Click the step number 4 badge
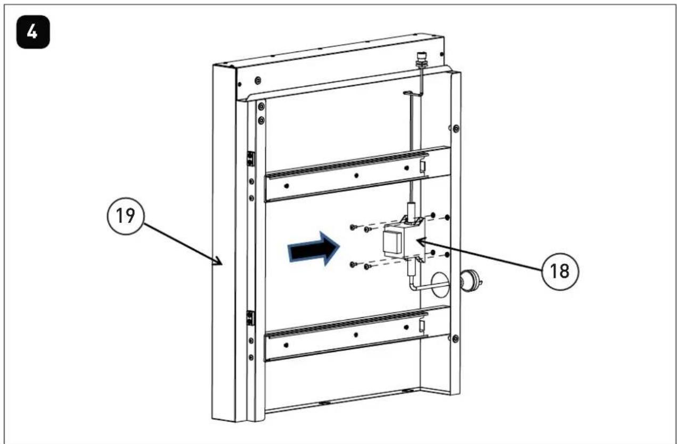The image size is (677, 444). point(33,32)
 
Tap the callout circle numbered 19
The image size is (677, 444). point(126,216)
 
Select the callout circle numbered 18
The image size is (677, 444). point(560,271)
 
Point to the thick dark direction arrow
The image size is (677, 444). point(313,249)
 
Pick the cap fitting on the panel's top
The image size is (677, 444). point(420,59)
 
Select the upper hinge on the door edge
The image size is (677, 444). point(250,159)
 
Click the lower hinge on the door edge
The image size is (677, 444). point(250,318)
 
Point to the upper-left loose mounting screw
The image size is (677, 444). point(353,227)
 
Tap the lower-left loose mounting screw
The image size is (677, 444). point(353,265)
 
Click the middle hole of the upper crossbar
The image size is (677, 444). point(356,176)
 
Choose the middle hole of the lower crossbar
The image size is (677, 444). point(356,334)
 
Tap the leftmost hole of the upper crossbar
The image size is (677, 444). point(287,186)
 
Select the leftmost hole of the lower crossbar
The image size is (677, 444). point(286,345)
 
